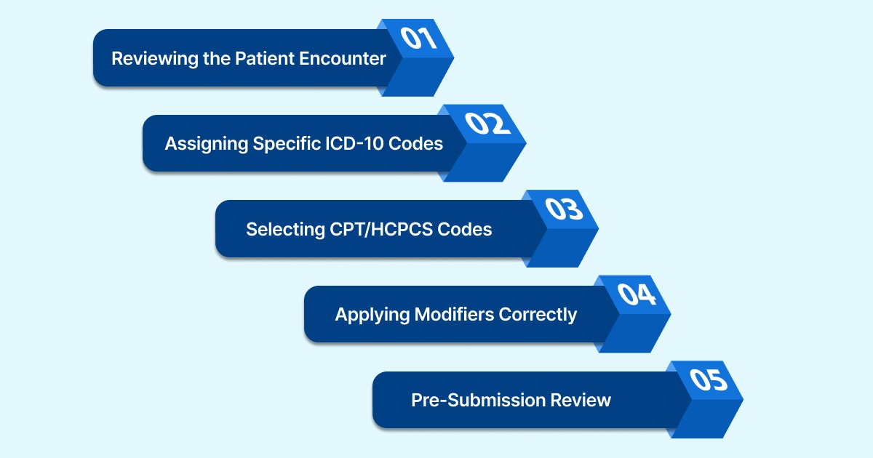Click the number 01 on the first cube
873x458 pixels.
click(x=419, y=39)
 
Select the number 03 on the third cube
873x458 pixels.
click(x=564, y=209)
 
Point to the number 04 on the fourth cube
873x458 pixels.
click(x=637, y=295)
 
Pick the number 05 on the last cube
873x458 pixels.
click(x=708, y=381)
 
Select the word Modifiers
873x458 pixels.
click(x=455, y=315)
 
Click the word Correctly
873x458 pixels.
click(x=538, y=315)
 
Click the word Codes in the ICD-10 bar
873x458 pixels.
click(x=415, y=144)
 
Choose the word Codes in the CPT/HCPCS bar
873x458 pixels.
click(x=464, y=230)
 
